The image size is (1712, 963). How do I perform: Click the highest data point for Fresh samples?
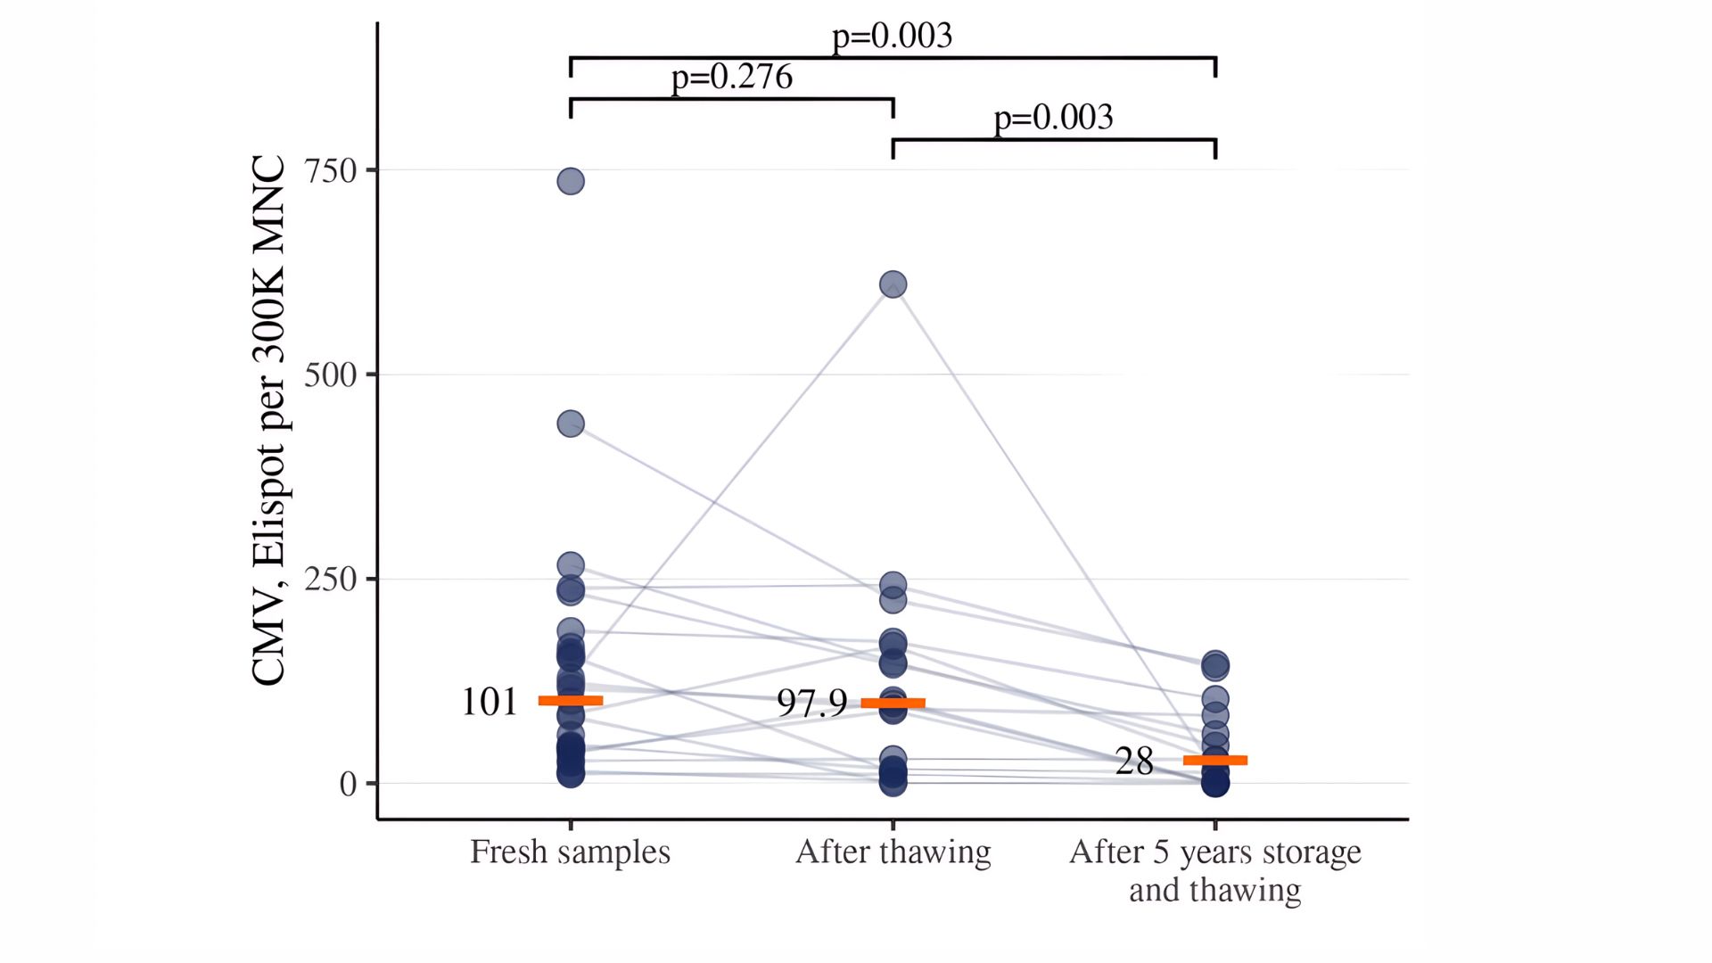[571, 182]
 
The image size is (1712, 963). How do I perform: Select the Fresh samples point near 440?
[571, 424]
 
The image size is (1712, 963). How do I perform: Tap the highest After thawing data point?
[893, 284]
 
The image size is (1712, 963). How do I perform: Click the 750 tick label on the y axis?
[330, 170]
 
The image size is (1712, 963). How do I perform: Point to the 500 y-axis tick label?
[330, 374]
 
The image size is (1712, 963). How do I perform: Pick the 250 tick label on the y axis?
[330, 579]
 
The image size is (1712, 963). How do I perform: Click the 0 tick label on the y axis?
[348, 784]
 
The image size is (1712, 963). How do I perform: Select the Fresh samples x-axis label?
[570, 852]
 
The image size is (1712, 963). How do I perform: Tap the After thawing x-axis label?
[893, 852]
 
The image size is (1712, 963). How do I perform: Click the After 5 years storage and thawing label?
[1214, 870]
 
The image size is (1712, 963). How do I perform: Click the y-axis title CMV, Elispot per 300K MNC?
[268, 420]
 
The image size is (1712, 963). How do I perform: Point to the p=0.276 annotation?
[731, 77]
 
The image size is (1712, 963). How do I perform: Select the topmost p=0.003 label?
[892, 36]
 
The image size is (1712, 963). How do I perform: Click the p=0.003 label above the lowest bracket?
[1053, 118]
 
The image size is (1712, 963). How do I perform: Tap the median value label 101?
[489, 702]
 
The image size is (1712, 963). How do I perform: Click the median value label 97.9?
[811, 704]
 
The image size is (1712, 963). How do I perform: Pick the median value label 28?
[1133, 761]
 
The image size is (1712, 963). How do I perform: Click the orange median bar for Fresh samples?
[571, 701]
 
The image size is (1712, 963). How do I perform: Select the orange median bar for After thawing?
[893, 704]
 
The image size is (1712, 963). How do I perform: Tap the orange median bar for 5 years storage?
[1214, 761]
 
